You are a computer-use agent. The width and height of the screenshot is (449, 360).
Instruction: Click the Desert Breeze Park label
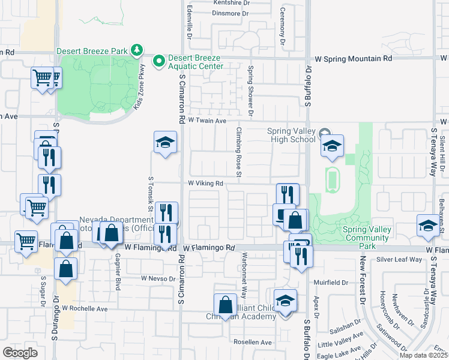[x=92, y=51]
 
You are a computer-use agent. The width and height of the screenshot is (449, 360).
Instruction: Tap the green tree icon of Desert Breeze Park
[x=137, y=49]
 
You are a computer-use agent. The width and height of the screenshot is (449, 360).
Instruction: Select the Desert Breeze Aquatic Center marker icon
[x=158, y=61]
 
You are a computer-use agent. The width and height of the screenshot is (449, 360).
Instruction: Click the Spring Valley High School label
[x=291, y=135]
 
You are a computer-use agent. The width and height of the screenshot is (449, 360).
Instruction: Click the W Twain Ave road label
[x=206, y=121]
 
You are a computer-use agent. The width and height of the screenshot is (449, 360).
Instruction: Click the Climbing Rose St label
[x=238, y=153]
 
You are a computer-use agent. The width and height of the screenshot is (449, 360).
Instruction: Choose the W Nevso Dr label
[x=157, y=278]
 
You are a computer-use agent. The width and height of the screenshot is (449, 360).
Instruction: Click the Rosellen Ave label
[x=253, y=342]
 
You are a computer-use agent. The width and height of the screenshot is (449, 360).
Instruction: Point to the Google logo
[x=20, y=352]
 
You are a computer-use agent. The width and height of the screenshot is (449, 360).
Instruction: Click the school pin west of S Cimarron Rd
[x=165, y=142]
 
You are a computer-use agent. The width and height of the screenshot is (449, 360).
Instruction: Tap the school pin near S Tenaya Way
[x=427, y=226]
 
